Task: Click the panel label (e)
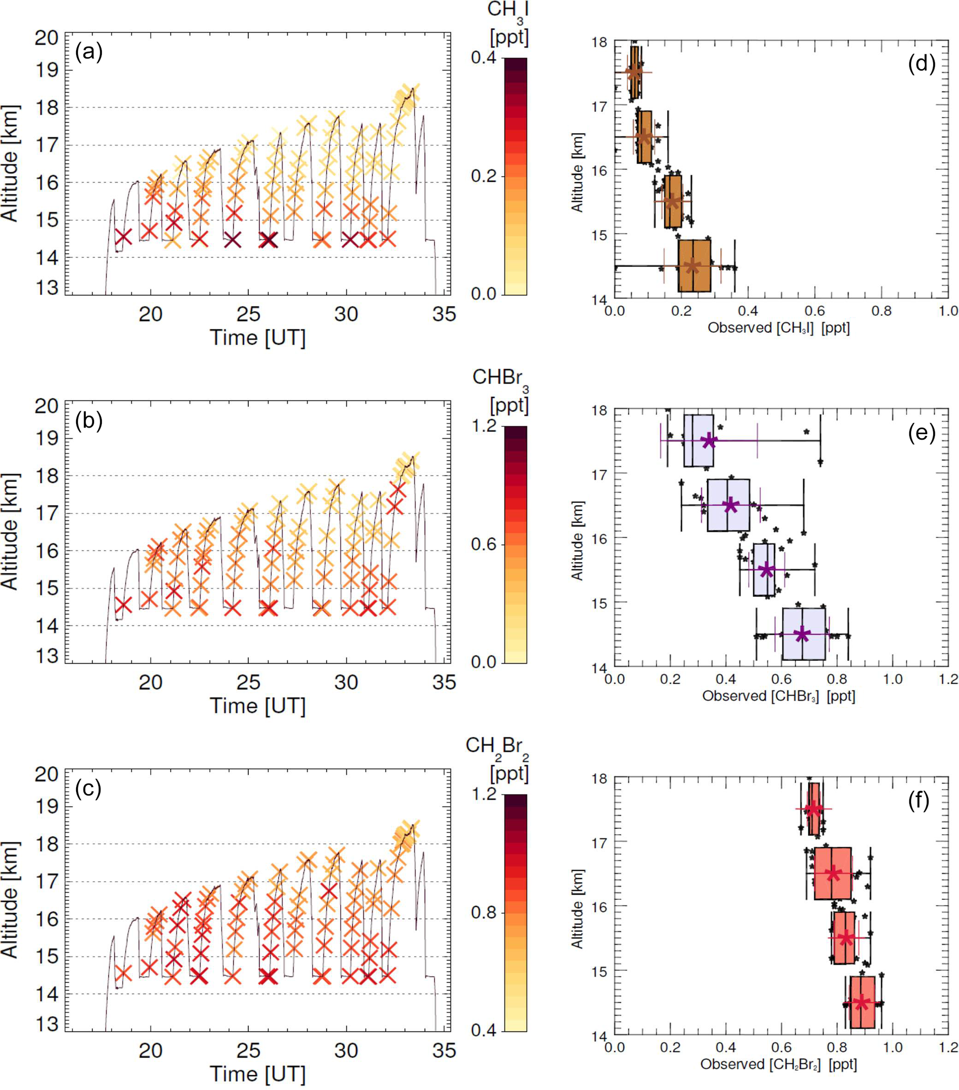(x=921, y=433)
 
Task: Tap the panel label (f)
(x=918, y=801)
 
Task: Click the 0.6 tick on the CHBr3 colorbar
(x=485, y=545)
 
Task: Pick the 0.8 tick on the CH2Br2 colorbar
(x=485, y=912)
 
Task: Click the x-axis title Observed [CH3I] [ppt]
(x=779, y=328)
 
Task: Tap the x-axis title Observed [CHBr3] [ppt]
(x=779, y=696)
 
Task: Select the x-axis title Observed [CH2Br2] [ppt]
(x=779, y=1064)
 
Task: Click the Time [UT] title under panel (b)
(x=257, y=705)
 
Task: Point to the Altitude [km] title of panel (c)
(x=11, y=900)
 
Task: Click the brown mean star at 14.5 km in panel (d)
(x=692, y=266)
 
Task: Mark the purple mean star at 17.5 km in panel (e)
(x=709, y=441)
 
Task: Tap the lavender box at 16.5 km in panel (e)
(x=728, y=505)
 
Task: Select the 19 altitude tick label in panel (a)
(x=47, y=70)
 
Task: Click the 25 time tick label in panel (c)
(x=249, y=1051)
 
